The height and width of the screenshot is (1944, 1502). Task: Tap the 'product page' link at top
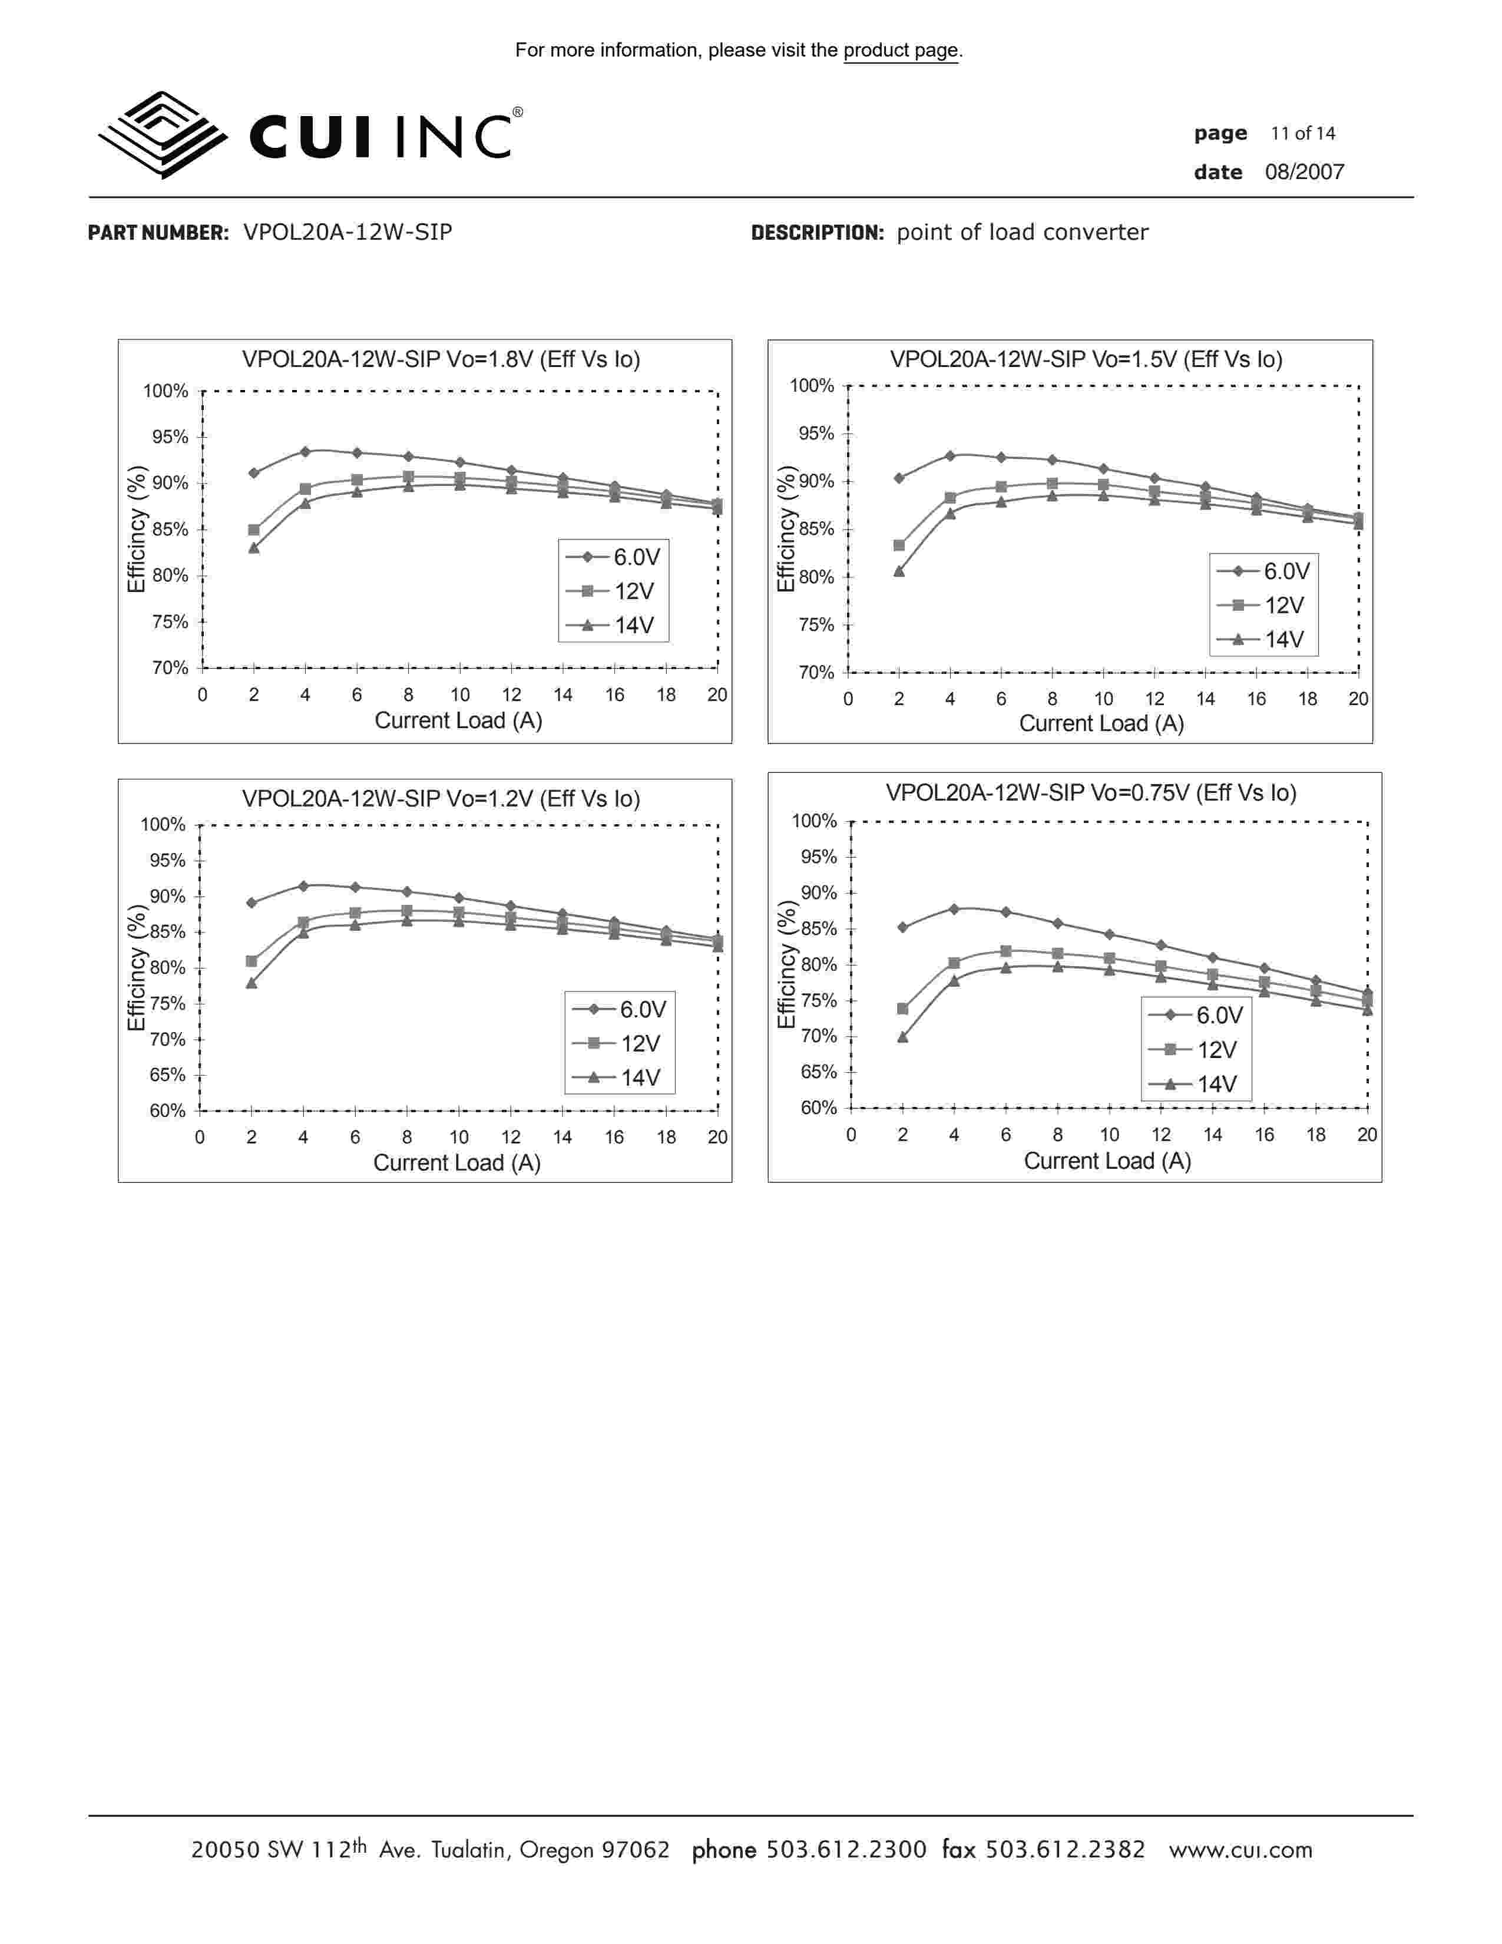tap(901, 51)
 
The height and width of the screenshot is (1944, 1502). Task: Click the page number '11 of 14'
tap(1303, 134)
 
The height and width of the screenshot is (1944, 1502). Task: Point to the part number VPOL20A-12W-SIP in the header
tap(347, 232)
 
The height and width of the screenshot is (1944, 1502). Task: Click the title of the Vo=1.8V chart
tap(441, 359)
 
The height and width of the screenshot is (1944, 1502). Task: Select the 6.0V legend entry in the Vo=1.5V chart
tap(1263, 571)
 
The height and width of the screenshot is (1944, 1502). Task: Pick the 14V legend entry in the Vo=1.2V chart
tap(620, 1078)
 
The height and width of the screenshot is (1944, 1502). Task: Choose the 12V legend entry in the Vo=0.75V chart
tap(1197, 1050)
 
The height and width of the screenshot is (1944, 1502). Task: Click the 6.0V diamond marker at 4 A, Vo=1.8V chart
tap(305, 451)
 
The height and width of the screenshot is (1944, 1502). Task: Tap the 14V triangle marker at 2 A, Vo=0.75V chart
tap(902, 1037)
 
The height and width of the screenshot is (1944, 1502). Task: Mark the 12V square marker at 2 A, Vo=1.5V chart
tap(899, 545)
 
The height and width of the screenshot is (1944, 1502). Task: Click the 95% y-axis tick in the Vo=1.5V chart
tap(816, 434)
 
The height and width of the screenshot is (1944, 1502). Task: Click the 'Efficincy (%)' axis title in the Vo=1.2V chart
tap(136, 967)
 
